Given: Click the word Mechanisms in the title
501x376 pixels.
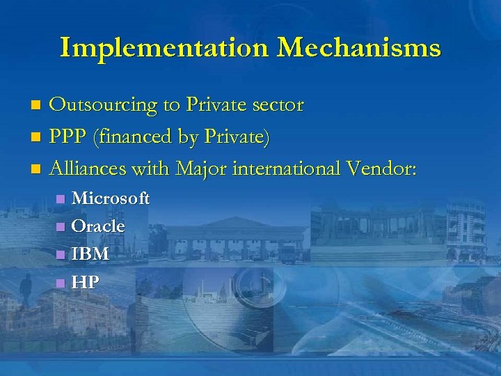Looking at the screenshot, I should pyautogui.click(x=358, y=48).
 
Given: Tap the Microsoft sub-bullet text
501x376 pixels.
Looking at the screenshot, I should pyautogui.click(x=111, y=198).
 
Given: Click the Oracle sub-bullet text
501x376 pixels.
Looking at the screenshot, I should pyautogui.click(x=98, y=226).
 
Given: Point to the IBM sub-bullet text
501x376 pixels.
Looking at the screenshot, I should pyautogui.click(x=90, y=254).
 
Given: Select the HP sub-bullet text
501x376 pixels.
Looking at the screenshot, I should pyautogui.click(x=86, y=282).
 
